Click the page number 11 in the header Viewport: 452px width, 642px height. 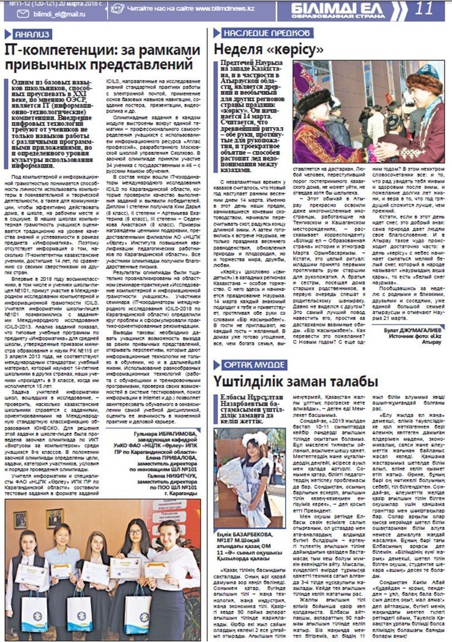(x=424, y=8)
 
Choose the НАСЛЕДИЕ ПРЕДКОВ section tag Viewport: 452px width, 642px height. (x=267, y=32)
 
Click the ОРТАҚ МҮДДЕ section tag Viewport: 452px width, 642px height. (x=249, y=363)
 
